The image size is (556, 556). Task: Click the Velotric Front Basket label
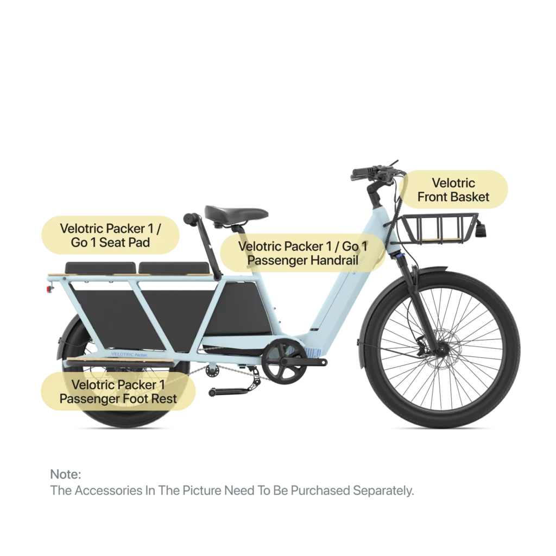pyautogui.click(x=453, y=189)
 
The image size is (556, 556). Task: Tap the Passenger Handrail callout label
pyautogui.click(x=302, y=253)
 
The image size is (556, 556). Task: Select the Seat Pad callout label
pyautogui.click(x=110, y=235)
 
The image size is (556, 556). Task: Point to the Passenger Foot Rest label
pyautogui.click(x=118, y=391)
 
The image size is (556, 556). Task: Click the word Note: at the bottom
pyautogui.click(x=66, y=474)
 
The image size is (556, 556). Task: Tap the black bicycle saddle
pyautogui.click(x=236, y=213)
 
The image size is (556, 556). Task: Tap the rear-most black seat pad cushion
pyautogui.click(x=100, y=268)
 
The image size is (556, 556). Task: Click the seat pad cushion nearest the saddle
pyautogui.click(x=174, y=268)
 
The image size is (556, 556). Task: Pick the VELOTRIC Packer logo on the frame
pyautogui.click(x=129, y=354)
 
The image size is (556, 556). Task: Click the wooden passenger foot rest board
pyautogui.click(x=120, y=362)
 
